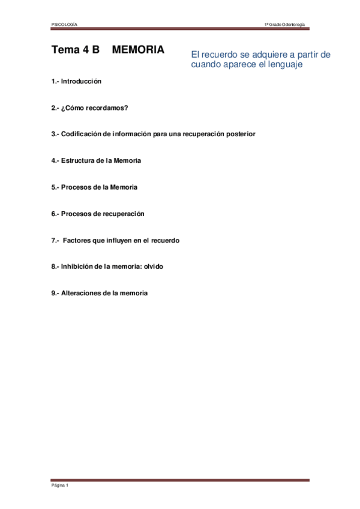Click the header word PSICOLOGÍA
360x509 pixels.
click(64, 24)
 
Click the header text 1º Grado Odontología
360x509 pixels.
click(285, 24)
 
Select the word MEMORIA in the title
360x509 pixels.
click(138, 50)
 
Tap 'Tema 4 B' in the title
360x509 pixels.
click(75, 50)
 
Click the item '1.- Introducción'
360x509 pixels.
click(76, 81)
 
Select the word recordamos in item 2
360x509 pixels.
click(107, 107)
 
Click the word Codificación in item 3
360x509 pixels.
click(81, 134)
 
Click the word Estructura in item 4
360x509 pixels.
click(78, 161)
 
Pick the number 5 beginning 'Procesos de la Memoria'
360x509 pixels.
click(53, 187)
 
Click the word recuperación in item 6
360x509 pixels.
click(124, 214)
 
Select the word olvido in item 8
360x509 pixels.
click(150, 267)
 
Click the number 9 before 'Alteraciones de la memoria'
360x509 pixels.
click(53, 293)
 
